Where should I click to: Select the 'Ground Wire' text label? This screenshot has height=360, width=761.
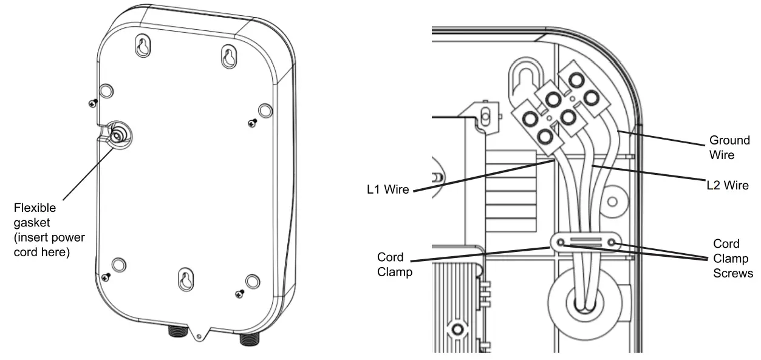click(722, 148)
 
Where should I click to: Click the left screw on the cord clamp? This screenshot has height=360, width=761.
click(561, 243)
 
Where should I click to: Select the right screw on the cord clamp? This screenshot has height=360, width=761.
click(612, 243)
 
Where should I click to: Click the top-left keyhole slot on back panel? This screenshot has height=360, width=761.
click(142, 47)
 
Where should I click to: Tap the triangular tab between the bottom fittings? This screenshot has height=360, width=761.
click(199, 333)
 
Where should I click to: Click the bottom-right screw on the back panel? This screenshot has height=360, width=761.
click(238, 294)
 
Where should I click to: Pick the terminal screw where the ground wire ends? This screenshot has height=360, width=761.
click(589, 97)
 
